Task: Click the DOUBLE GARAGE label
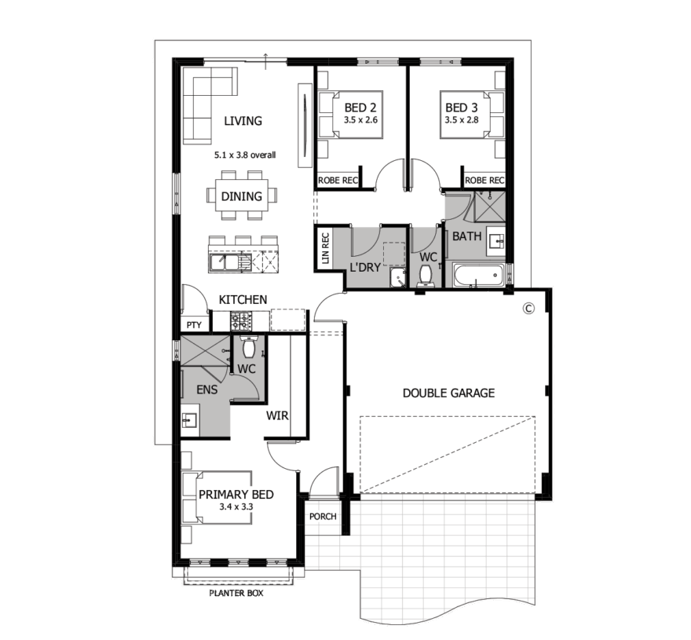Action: coord(448,393)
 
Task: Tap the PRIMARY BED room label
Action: coord(236,495)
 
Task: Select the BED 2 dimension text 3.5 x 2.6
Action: coord(361,120)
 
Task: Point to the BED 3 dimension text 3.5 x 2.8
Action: coord(462,120)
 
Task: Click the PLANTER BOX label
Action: coord(236,594)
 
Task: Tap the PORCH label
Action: coord(323,517)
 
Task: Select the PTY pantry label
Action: coord(194,325)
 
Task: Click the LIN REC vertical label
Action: coord(326,247)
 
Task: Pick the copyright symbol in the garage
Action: coord(528,308)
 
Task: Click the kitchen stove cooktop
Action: coord(241,321)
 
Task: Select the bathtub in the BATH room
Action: coord(478,276)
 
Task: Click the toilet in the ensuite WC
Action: coord(250,346)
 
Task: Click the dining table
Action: coord(242,196)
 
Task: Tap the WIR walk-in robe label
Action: coord(277,415)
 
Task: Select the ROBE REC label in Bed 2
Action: coord(338,181)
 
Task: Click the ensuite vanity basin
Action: coord(190,420)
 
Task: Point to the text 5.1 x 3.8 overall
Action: coord(245,155)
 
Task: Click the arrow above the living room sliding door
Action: coord(265,61)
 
